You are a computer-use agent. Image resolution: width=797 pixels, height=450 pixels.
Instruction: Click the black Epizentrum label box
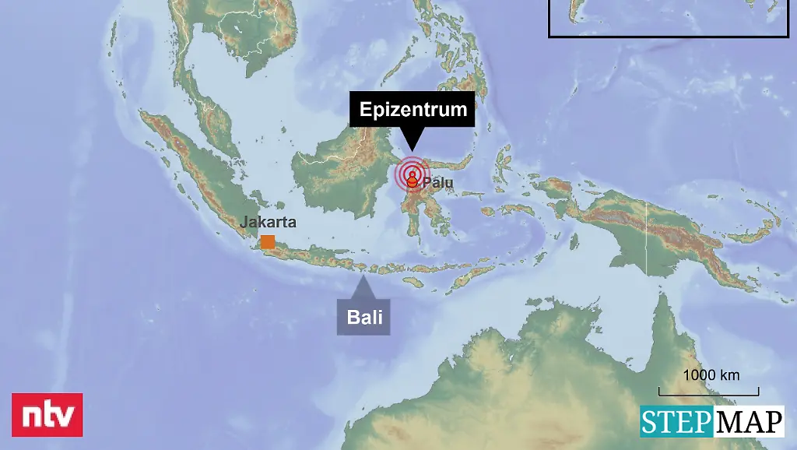(x=413, y=109)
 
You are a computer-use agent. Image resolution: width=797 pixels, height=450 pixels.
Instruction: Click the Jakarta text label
(x=268, y=222)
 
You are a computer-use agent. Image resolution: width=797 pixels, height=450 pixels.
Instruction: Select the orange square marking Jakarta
(x=268, y=241)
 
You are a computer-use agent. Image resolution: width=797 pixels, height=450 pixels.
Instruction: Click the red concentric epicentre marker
(x=412, y=175)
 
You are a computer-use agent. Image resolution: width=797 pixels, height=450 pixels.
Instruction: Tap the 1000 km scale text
(x=711, y=374)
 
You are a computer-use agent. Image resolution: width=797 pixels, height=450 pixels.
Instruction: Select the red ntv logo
(x=47, y=415)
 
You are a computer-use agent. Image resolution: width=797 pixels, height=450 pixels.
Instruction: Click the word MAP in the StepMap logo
(x=748, y=422)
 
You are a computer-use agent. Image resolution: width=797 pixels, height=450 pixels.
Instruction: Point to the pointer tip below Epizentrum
(x=412, y=149)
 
